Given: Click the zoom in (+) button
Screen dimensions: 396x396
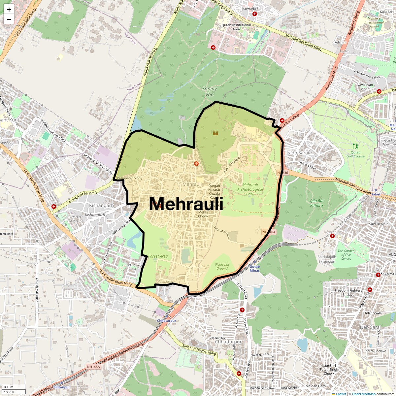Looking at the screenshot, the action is coord(9,10).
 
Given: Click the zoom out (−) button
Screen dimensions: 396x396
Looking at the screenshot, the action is coord(9,19).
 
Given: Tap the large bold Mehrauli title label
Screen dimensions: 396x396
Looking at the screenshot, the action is coord(186,204).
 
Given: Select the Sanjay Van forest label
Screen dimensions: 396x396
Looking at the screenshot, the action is coord(210,91).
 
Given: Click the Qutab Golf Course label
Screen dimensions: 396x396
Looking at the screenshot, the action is coord(355,154).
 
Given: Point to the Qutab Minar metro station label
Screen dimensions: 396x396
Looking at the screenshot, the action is coord(254,269).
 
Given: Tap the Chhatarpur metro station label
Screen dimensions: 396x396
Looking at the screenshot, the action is coord(165,321).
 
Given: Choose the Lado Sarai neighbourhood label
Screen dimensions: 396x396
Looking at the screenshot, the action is coord(298,153).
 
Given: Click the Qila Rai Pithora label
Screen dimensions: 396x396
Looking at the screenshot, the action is coord(316,203).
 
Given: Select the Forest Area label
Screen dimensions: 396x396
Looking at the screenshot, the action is coord(158,256).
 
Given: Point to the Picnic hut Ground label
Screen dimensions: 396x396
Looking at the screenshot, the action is coord(222,266).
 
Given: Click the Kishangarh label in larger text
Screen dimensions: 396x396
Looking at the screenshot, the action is coord(101,205).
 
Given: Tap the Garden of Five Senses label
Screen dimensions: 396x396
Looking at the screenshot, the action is coord(346,254).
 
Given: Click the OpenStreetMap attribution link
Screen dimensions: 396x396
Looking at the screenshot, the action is coord(363,394).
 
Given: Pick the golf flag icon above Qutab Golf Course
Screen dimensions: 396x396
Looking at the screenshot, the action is coord(355,146).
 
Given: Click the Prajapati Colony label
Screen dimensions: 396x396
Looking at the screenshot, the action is coord(130,178).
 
